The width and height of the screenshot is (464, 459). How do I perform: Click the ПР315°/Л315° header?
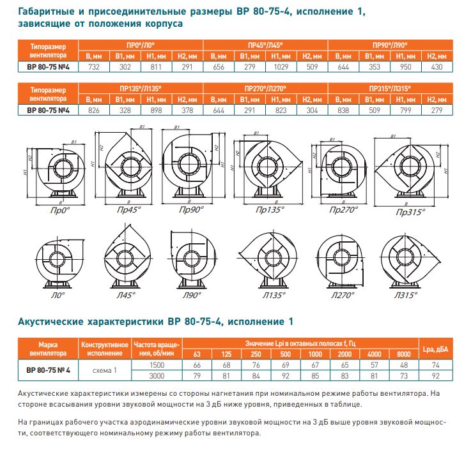(390, 87)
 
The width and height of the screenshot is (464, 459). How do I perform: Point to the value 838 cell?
(343, 110)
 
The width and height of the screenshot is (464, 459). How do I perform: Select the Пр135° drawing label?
(270, 209)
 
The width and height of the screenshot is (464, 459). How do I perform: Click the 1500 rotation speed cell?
(157, 364)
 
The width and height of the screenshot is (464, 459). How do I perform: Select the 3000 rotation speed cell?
(157, 375)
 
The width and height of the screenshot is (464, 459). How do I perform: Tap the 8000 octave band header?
(403, 353)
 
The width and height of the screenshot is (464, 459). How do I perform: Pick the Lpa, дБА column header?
(435, 349)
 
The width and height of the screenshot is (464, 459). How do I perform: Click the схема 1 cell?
(105, 370)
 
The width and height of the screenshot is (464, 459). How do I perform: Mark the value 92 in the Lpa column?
(435, 375)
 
